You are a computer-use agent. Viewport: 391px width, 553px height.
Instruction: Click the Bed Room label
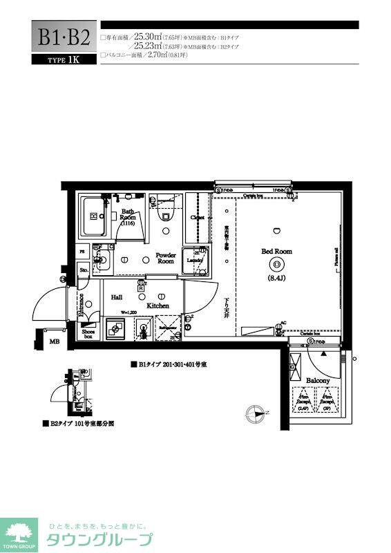click(276, 252)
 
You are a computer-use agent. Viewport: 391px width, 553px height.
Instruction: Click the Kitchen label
click(158, 305)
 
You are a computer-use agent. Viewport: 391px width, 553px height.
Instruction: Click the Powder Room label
click(166, 258)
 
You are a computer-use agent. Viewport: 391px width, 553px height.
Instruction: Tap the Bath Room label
click(128, 217)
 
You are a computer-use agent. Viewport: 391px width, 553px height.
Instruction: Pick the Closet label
click(198, 217)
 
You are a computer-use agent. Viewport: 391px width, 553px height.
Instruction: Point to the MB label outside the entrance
click(53, 341)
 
